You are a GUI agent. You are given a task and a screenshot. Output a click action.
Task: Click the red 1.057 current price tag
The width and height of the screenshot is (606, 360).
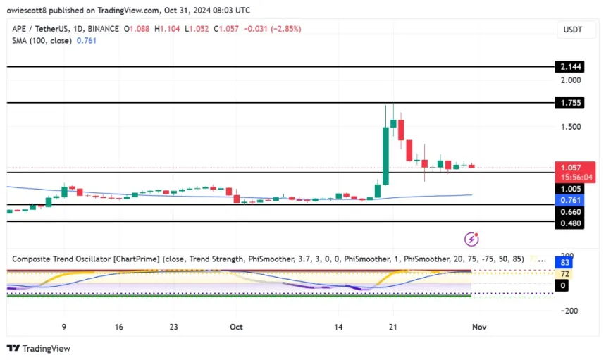568,168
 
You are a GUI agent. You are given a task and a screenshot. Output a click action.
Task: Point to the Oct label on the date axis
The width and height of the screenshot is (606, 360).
236,327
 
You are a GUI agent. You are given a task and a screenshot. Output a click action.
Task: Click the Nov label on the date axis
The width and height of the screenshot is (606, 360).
479,327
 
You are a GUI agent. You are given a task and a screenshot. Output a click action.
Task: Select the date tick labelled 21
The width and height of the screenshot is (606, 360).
394,327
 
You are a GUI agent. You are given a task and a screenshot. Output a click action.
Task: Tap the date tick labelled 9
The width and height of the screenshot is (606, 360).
64,327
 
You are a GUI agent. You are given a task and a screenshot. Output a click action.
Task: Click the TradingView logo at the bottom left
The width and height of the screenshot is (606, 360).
39,348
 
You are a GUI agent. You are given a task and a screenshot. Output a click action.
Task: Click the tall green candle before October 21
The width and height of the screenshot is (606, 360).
385,151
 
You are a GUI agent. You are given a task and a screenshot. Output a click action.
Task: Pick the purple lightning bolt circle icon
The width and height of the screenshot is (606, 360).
471,240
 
